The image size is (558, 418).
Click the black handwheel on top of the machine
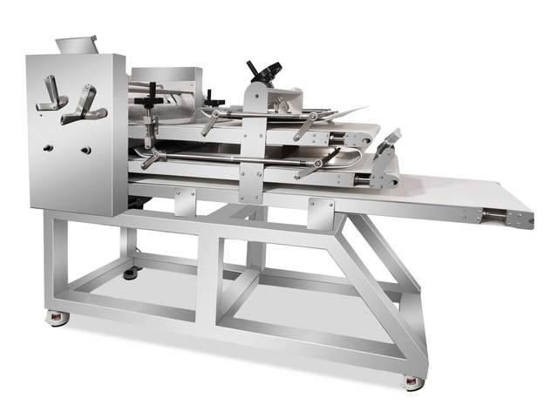[265, 70]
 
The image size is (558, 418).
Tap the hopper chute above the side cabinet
[77, 44]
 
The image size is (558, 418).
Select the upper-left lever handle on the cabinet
[50, 94]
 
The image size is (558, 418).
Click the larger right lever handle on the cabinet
[87, 104]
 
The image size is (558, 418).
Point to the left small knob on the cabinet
[48, 147]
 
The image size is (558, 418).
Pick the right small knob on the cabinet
[86, 150]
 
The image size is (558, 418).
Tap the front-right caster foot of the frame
[413, 381]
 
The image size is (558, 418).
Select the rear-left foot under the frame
[131, 273]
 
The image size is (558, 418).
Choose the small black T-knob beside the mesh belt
[212, 98]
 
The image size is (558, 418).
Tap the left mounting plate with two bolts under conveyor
[185, 203]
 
